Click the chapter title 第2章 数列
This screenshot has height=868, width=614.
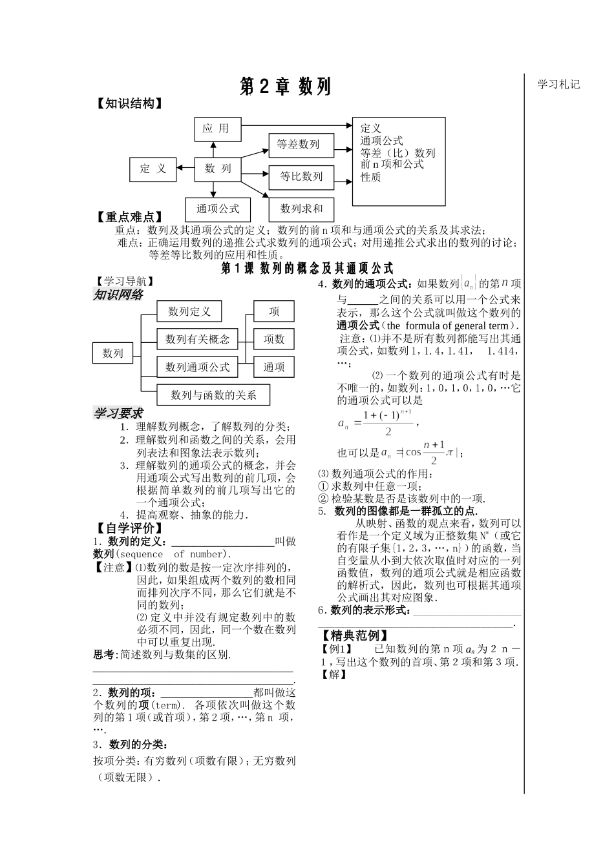[x=285, y=87]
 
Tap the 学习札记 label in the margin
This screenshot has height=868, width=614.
[x=558, y=84]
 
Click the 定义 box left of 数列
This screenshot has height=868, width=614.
[x=153, y=169]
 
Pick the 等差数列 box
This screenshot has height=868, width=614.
[x=298, y=145]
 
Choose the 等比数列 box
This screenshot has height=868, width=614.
[x=301, y=176]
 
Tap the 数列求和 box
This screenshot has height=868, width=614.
[x=301, y=209]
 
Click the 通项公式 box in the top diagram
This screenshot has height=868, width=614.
[x=218, y=209]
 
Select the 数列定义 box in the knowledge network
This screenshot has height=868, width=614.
[x=189, y=311]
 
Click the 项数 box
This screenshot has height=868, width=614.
[x=273, y=339]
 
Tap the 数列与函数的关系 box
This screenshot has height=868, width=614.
[x=213, y=395]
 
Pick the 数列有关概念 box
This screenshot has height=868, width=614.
[x=197, y=339]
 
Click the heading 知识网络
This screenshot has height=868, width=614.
[x=118, y=295]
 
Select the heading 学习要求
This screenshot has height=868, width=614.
[x=118, y=413]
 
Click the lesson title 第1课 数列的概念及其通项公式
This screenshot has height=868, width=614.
[x=307, y=268]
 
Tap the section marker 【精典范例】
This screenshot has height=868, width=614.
[x=353, y=636]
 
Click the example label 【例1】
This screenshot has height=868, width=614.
[x=336, y=649]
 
